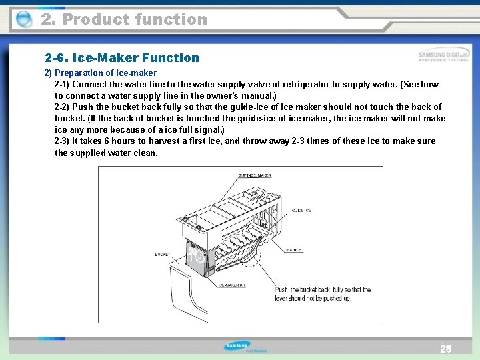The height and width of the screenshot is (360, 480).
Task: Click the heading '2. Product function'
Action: point(124,19)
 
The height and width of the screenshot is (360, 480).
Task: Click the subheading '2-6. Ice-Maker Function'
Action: point(122,58)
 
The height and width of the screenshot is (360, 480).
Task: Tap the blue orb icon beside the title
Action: point(23,20)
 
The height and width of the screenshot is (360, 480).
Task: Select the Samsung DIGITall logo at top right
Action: point(443,56)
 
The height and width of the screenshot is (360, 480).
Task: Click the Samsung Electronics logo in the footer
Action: point(243,347)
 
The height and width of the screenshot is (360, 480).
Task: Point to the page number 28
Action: point(445,349)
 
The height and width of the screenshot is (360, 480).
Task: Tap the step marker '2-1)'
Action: point(62,85)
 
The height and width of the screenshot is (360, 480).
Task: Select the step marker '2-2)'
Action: point(62,107)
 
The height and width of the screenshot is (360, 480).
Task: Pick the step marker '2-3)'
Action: point(62,141)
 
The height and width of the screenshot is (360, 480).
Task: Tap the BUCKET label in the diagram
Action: point(163,255)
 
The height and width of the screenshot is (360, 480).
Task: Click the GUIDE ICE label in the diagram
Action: point(301,210)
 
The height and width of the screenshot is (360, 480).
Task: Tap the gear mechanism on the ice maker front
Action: point(196,256)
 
